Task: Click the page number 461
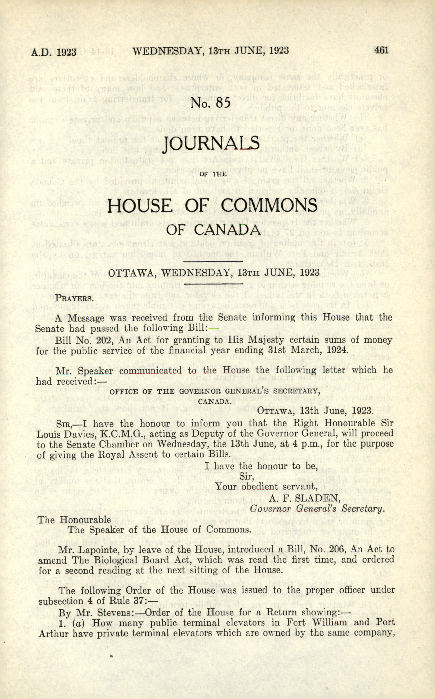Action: (x=381, y=50)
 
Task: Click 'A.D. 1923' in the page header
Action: (x=54, y=52)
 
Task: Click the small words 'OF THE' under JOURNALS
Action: (x=213, y=174)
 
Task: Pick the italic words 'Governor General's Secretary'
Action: (x=317, y=509)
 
